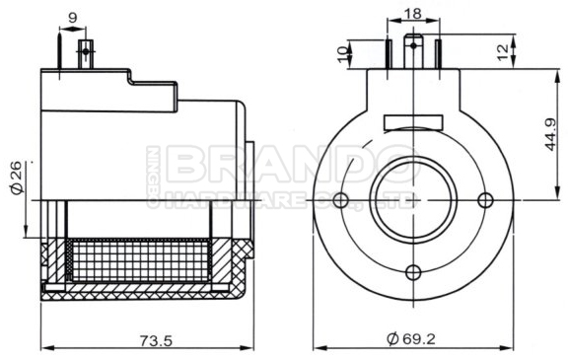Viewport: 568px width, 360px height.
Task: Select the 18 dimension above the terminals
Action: (x=413, y=13)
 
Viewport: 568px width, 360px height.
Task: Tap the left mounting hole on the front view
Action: (x=341, y=201)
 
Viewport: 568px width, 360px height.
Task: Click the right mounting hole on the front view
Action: (x=484, y=201)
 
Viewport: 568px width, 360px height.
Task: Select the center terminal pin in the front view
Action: (x=413, y=50)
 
